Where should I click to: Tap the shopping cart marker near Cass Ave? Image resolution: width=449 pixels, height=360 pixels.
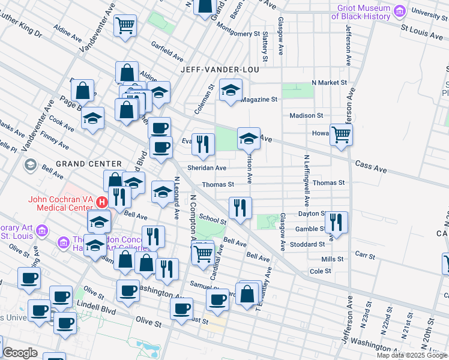[341, 134]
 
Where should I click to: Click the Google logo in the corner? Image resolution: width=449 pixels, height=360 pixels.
[20, 353]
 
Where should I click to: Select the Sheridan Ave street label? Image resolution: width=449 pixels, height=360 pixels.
[207, 168]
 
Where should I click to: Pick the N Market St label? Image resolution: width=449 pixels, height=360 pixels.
[329, 82]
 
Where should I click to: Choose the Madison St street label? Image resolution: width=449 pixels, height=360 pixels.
[306, 115]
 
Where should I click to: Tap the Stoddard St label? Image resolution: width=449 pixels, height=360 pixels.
[307, 244]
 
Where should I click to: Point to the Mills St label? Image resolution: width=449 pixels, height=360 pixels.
[332, 259]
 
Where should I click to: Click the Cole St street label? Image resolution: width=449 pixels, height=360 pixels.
[320, 271]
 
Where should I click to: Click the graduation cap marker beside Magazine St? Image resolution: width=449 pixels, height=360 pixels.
[231, 90]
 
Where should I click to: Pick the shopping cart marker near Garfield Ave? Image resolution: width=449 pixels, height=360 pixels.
[126, 25]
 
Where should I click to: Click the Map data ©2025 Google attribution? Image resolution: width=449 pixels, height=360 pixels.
[412, 355]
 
